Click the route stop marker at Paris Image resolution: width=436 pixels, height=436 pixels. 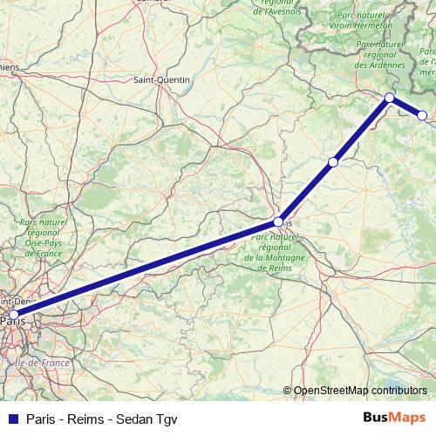click(13, 315)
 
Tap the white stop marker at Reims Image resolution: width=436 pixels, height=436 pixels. click(278, 221)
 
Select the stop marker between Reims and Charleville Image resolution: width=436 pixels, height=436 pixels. click(333, 162)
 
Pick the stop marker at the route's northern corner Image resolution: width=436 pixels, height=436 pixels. click(390, 97)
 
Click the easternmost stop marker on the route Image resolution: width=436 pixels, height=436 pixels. click(423, 115)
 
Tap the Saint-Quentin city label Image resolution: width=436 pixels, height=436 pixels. click(162, 79)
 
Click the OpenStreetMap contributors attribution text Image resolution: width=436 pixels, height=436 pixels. click(360, 391)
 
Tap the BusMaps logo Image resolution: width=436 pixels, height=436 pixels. click(395, 418)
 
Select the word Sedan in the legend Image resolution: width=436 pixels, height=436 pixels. click(129, 419)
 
